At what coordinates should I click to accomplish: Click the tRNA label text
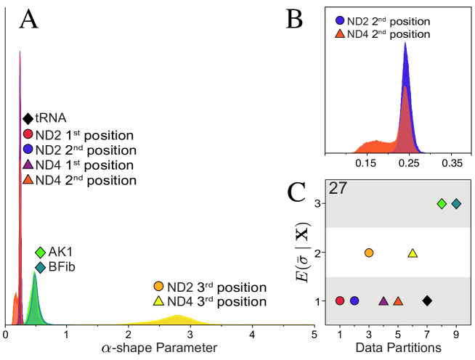[51, 118]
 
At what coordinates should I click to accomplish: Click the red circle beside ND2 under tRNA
[28, 134]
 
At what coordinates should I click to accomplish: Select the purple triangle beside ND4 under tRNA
[28, 164]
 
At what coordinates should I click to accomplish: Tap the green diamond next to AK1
[40, 252]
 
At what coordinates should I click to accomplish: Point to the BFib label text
[62, 267]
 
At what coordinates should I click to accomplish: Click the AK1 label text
[61, 252]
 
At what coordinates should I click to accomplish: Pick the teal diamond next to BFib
[40, 267]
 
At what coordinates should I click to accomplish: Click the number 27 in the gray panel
[338, 189]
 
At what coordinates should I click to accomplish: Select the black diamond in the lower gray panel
[427, 300]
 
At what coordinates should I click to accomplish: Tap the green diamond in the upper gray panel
[442, 204]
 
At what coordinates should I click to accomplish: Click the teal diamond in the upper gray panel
[456, 204]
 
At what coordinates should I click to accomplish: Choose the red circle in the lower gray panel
[340, 300]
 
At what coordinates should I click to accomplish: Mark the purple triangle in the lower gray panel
[383, 300]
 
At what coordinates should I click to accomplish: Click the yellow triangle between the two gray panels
[413, 253]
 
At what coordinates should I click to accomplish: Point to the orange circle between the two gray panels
[369, 253]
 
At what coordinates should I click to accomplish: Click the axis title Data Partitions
[398, 348]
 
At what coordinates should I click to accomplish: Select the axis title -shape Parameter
[164, 348]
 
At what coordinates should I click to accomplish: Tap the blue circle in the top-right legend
[340, 21]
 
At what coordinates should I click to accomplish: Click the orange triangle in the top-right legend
[340, 33]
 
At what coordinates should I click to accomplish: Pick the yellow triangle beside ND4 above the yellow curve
[158, 300]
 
